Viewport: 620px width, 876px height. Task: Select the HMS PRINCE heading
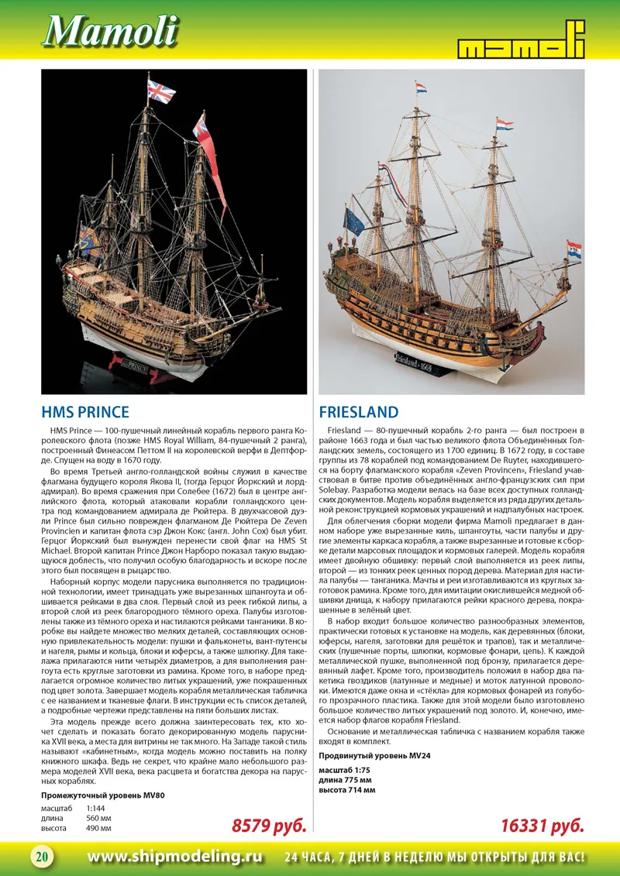pyautogui.click(x=85, y=412)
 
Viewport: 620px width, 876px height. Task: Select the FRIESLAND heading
pyautogui.click(x=359, y=412)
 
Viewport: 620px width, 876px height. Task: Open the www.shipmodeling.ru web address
pyautogui.click(x=175, y=857)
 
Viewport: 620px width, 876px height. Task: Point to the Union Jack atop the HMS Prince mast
pyautogui.click(x=161, y=92)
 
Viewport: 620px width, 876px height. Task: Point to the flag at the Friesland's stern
pyautogui.click(x=573, y=250)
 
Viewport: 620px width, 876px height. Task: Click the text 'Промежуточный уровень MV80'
pyautogui.click(x=102, y=795)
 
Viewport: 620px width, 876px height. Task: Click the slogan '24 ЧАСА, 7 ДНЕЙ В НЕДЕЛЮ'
pyautogui.click(x=434, y=857)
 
